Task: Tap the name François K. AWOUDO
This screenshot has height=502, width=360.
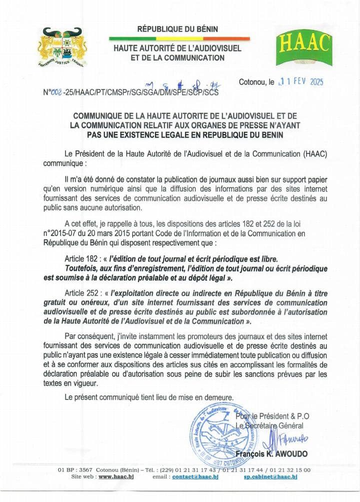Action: (x=273, y=454)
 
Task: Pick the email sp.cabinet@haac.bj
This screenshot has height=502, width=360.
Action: (x=270, y=477)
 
